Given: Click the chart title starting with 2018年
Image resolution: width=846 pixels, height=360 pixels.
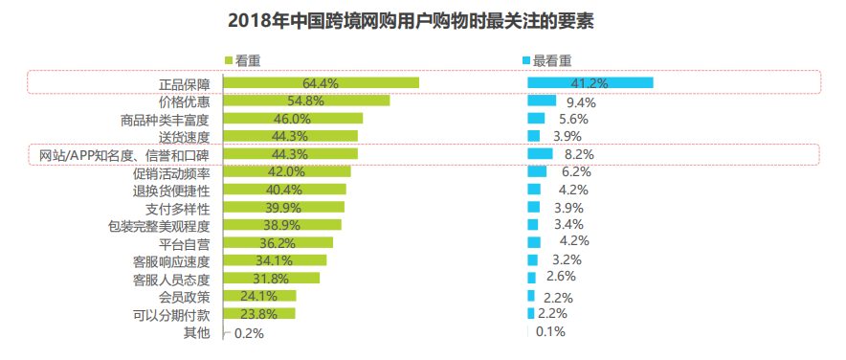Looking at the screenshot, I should pyautogui.click(x=423, y=21).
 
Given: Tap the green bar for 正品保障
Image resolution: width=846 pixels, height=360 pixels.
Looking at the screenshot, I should pyautogui.click(x=321, y=83).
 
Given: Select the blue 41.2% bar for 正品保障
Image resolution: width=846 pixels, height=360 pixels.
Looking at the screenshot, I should pyautogui.click(x=590, y=83).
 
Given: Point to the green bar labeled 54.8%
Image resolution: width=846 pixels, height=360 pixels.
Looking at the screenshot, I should pyautogui.click(x=306, y=101).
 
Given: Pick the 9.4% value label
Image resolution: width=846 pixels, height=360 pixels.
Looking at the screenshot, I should pyautogui.click(x=581, y=101).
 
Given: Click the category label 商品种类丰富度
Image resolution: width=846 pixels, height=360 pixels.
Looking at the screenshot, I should pyautogui.click(x=166, y=119).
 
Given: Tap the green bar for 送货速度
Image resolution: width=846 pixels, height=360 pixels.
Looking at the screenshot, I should pyautogui.click(x=290, y=137).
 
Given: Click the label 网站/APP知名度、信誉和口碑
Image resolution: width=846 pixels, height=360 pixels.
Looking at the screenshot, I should pyautogui.click(x=123, y=154).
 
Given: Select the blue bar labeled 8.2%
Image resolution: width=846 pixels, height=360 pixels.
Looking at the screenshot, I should pyautogui.click(x=540, y=154).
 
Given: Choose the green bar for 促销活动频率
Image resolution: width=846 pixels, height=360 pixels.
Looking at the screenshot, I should pyautogui.click(x=286, y=172).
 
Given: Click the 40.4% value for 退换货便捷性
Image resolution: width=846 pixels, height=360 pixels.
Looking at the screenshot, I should pyautogui.click(x=283, y=190).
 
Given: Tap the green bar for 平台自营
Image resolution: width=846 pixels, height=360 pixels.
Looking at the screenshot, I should pyautogui.click(x=278, y=243).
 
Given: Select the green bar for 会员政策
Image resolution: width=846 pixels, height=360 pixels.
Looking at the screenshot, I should pyautogui.click(x=259, y=296).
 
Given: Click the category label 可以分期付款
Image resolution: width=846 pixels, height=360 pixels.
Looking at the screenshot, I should pyautogui.click(x=172, y=314).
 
